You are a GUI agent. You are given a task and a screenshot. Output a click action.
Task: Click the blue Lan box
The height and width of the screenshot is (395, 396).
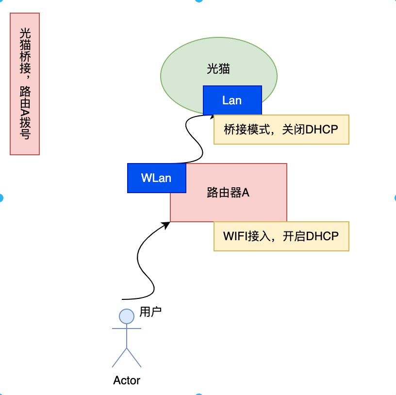(x=232, y=100)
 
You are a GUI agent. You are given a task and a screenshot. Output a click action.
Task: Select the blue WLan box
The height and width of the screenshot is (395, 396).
(x=156, y=178)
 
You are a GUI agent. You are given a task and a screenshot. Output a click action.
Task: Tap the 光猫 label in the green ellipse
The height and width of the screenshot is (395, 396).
(x=218, y=69)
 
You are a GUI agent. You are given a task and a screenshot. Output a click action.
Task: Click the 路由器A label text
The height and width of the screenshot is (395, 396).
(x=228, y=193)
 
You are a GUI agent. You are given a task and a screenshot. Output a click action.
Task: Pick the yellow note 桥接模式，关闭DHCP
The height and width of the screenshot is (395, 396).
(x=281, y=130)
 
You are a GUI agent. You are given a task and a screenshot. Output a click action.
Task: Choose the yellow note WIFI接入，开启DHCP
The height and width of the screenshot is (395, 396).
(x=281, y=236)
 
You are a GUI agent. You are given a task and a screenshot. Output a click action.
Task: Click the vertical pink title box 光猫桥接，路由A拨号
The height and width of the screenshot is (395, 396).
(x=25, y=84)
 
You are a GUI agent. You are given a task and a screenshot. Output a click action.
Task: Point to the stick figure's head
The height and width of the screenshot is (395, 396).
(x=127, y=316)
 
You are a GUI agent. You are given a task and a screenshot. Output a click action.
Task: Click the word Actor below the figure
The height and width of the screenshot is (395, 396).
(x=127, y=380)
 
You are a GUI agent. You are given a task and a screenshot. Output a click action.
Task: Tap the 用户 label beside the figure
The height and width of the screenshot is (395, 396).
(x=150, y=312)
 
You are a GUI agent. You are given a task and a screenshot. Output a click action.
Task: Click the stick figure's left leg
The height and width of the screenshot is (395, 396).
(x=119, y=357)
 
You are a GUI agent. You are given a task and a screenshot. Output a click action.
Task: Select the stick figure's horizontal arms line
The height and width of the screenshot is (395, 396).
(x=127, y=329)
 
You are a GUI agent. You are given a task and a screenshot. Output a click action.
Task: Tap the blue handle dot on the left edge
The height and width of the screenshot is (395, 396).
(x=1, y=197)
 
